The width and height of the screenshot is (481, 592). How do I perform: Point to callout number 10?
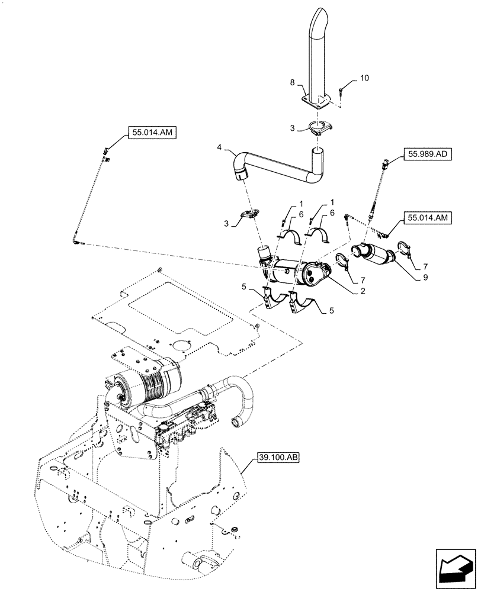363,78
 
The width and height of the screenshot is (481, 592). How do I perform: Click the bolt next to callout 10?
342,90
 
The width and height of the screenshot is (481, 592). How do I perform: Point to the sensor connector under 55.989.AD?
386,164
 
